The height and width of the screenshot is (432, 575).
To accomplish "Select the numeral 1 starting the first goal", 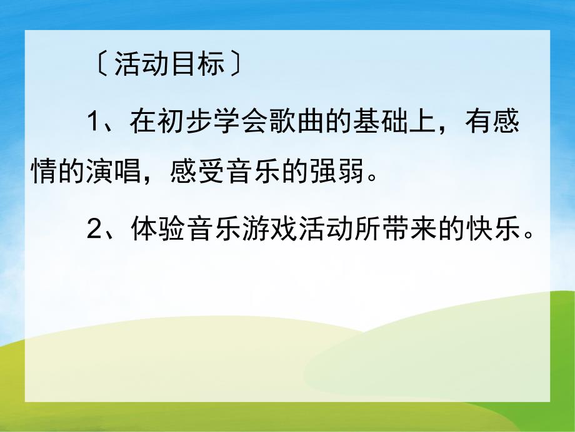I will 94,121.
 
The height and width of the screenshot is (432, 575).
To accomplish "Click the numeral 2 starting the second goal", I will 94,232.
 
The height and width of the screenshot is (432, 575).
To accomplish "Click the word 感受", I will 188,172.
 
